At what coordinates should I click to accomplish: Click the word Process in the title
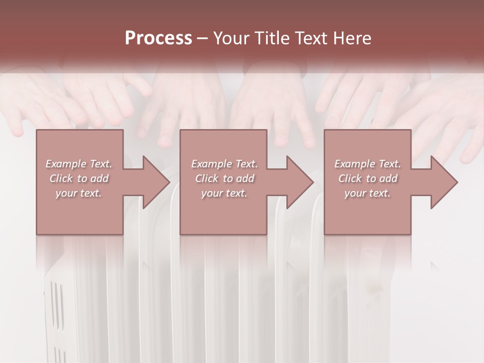[x=158, y=38]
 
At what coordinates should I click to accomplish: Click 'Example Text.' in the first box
[x=79, y=164]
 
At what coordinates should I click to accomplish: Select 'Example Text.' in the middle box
[x=224, y=164]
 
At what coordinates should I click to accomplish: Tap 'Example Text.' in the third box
[x=368, y=164]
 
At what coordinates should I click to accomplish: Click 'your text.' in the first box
[x=79, y=193]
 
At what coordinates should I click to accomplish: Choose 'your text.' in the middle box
[x=224, y=193]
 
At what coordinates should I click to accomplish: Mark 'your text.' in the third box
[x=368, y=193]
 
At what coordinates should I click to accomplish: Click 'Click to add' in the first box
[x=79, y=178]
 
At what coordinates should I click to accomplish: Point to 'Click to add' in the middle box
[x=224, y=178]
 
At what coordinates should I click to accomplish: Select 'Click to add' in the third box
[x=368, y=178]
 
